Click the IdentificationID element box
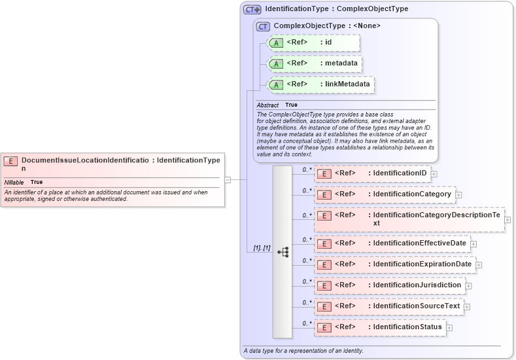372,173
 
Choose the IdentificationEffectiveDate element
392,243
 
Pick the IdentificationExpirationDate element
395,264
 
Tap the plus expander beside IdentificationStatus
449,327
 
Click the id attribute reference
313,43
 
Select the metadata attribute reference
315,63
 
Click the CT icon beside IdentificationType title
252,10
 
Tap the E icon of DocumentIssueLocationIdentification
10,160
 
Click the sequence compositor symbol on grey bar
283,251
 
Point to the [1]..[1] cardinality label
262,249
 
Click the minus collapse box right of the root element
228,179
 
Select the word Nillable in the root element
14,182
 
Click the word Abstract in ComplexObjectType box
267,105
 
